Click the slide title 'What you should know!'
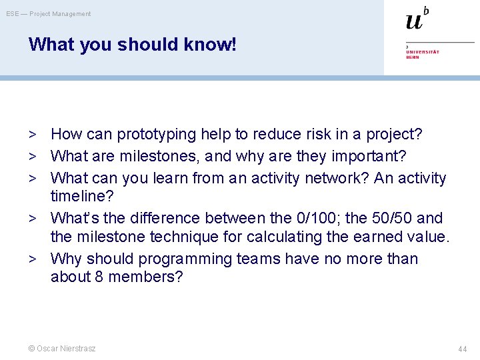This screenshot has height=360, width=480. tap(132, 45)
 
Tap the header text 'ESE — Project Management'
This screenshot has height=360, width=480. tap(49, 14)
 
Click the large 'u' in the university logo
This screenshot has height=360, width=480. tap(414, 21)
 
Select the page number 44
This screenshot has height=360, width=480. tap(463, 349)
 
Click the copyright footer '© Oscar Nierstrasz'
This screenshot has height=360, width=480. tap(62, 349)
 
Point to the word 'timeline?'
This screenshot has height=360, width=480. tap(82, 197)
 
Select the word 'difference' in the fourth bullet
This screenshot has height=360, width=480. tap(165, 219)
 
